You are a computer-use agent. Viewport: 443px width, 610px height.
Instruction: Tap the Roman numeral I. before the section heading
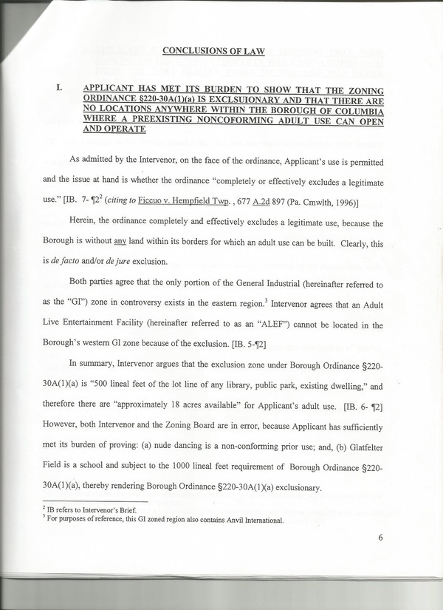[x=59, y=87]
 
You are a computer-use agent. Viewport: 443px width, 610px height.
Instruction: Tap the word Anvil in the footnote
[x=220, y=521]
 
